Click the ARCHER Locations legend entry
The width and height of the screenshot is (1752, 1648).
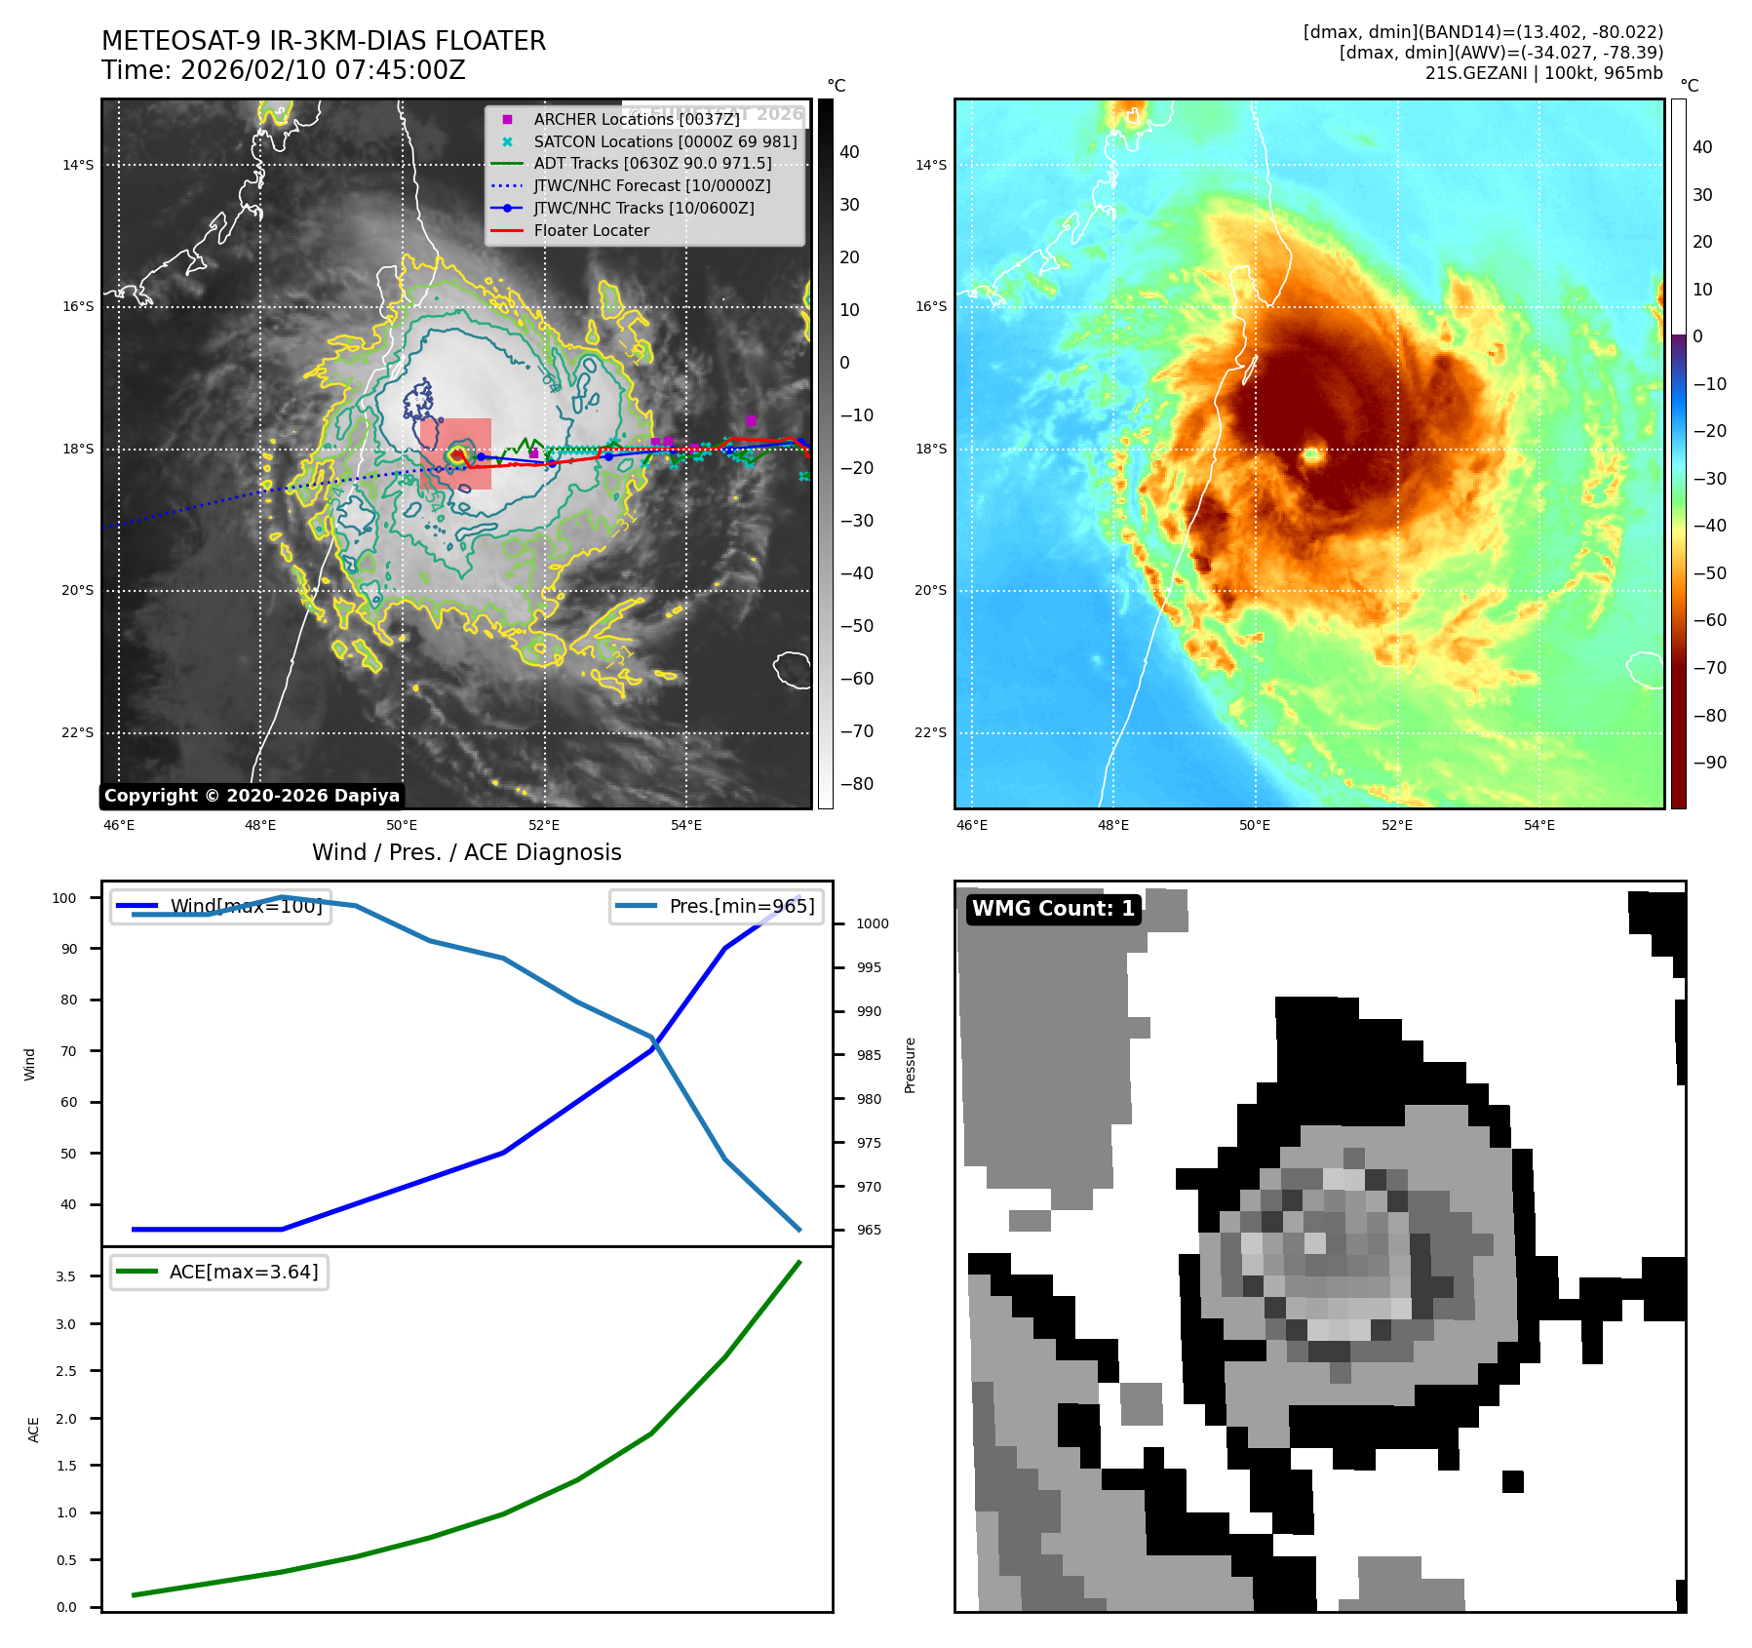tap(636, 119)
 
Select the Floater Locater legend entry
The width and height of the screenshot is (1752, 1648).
tap(591, 231)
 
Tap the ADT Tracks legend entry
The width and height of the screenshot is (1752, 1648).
tap(651, 164)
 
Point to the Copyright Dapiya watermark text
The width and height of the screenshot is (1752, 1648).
tap(252, 796)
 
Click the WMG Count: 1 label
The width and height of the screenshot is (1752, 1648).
tap(1053, 909)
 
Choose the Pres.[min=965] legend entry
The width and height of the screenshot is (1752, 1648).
tap(741, 906)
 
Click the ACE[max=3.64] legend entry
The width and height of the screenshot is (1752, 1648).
tap(243, 1272)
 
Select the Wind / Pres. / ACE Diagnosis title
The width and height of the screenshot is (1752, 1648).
tap(466, 852)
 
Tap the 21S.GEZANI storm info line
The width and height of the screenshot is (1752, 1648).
tap(1543, 73)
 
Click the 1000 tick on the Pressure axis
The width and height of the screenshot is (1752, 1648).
tap(873, 923)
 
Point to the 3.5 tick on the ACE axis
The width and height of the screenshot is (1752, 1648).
tap(66, 1276)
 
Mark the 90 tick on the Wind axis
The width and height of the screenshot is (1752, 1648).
tap(69, 949)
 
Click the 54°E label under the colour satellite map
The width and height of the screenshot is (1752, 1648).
tap(1538, 825)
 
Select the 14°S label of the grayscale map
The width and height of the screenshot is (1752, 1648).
tap(78, 165)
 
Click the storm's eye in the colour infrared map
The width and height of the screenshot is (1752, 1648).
tap(1312, 454)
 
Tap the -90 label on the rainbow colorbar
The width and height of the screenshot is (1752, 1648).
tap(1709, 763)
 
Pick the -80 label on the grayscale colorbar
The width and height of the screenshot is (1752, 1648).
tap(857, 784)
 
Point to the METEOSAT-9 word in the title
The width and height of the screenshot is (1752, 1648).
tap(181, 41)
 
